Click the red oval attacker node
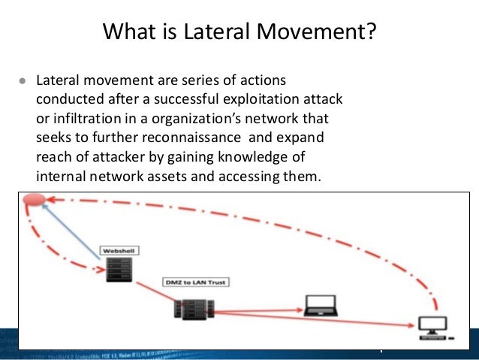(35, 200)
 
